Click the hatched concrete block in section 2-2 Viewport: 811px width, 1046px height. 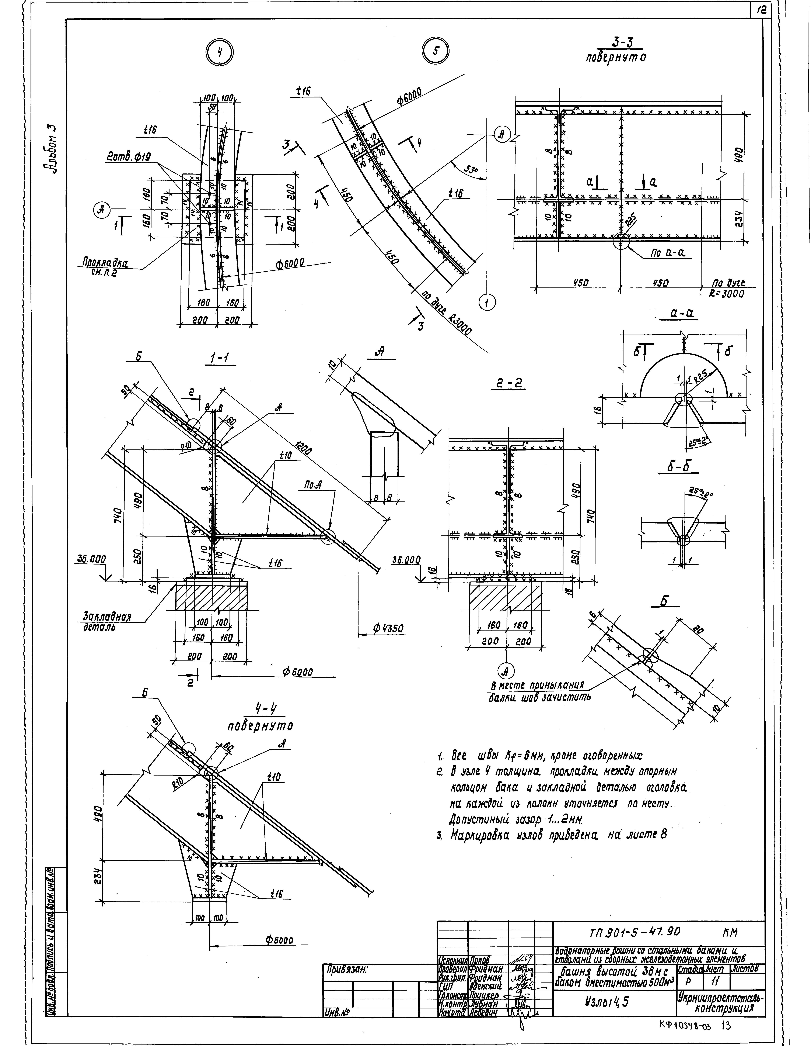tap(505, 596)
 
